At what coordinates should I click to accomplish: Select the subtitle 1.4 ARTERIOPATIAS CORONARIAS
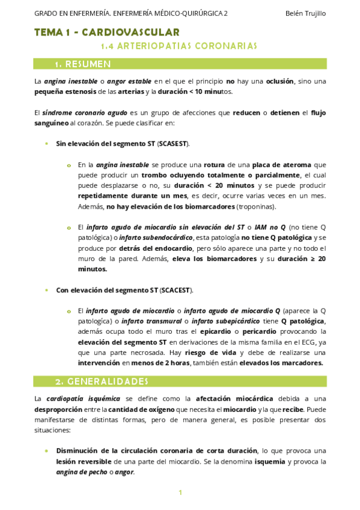pos(178,45)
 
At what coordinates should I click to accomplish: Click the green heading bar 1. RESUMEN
pos(180,63)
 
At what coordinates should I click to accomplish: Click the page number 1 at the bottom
pos(180,493)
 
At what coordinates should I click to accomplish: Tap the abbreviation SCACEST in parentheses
pos(175,290)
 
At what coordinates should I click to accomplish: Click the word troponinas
pos(257,206)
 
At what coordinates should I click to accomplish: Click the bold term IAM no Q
pos(269,227)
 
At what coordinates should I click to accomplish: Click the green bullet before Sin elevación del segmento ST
pos(47,144)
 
